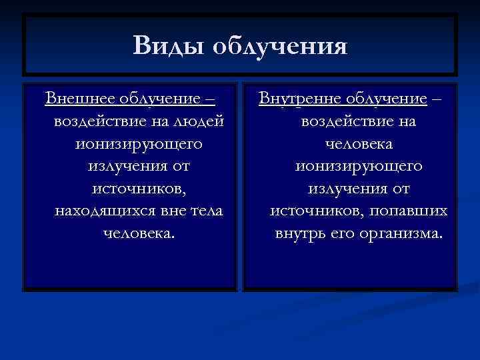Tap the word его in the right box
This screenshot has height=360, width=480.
click(346, 234)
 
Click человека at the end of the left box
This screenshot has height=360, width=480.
click(139, 234)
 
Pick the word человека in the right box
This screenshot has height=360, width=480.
click(359, 144)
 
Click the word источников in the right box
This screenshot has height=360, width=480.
click(312, 211)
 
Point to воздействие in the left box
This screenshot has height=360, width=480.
click(93, 122)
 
